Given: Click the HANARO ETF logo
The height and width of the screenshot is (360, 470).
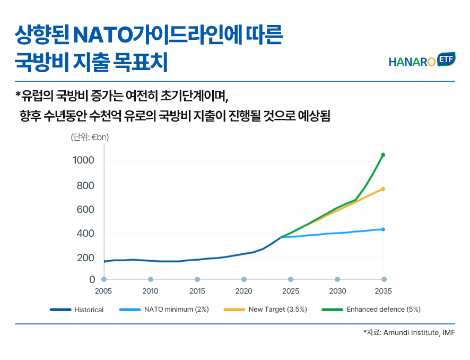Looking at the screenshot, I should pos(421,61).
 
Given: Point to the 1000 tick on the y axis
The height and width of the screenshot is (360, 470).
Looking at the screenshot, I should pos(83,160).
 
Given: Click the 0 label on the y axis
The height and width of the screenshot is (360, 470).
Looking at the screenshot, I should pos(92,279).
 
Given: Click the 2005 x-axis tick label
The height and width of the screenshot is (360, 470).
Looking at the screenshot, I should pos(103,291).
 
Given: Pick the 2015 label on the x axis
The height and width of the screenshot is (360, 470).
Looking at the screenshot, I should pos(197,291).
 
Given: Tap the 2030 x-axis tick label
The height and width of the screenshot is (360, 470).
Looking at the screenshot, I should pos(337,291).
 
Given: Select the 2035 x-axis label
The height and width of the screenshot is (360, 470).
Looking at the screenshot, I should pos(383,291).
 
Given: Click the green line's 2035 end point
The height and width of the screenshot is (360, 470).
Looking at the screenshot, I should pos(383,155).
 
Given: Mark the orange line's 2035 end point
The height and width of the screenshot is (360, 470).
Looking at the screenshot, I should pos(383,189).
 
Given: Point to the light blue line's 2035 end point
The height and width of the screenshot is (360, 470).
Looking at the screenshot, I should pos(383,229).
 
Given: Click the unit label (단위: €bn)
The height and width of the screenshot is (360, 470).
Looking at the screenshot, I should pos(90,137).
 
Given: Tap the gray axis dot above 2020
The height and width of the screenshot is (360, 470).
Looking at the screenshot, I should pos(244,279).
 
